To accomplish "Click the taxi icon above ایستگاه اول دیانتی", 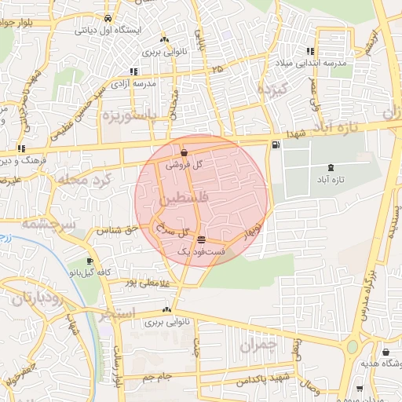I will point(108,19).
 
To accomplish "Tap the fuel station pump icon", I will point(274,144).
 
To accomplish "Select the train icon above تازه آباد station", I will point(329,166).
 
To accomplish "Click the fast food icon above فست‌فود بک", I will point(202,239).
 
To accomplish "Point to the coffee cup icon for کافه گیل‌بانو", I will point(90,261).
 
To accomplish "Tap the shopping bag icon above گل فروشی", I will point(184,152).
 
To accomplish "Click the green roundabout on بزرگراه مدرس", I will point(352,346).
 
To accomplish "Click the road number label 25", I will point(217,71).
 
